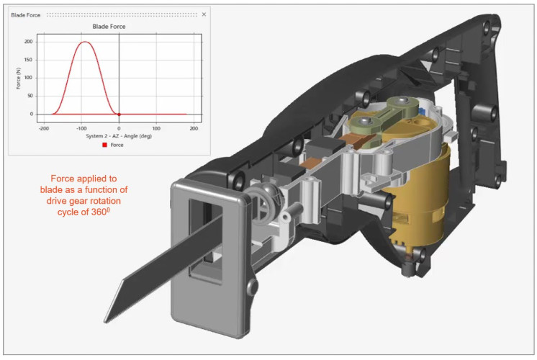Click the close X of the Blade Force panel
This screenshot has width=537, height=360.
tap(204, 14)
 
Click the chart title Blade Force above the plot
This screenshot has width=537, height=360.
tap(109, 27)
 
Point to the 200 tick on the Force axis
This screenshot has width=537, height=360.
tap(28, 42)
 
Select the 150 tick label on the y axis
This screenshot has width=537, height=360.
tap(28, 60)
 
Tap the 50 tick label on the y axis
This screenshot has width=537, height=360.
tap(30, 96)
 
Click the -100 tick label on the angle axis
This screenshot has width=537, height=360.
tap(81, 128)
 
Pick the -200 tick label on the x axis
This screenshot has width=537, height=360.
tap(44, 128)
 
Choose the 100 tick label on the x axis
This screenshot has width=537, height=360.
tap(156, 128)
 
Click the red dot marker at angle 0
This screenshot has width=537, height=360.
tap(119, 114)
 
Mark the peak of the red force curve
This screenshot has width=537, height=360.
tap(85, 42)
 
